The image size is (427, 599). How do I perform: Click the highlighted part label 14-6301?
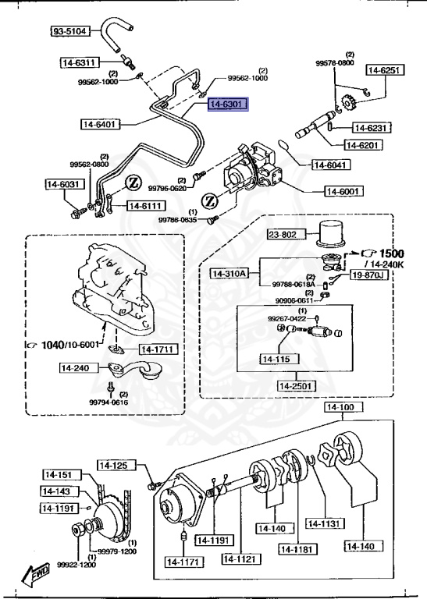point(227,104)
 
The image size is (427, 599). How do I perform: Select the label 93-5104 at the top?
point(71,31)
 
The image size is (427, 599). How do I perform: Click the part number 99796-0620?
point(168,188)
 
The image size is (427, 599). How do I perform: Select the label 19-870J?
point(367,275)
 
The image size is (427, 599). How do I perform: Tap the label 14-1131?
point(325,523)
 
